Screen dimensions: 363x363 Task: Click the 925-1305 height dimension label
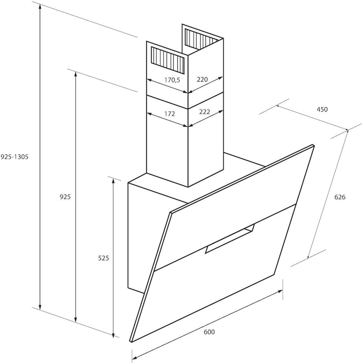15,157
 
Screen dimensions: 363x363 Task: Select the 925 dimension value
65,197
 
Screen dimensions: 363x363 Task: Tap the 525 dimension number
103,258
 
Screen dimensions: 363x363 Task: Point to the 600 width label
209,332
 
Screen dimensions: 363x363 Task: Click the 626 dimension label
340,197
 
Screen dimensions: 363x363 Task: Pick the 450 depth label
322,109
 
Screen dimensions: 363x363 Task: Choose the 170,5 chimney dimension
172,80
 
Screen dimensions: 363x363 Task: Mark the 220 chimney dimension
202,79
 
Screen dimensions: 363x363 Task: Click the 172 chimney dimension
170,114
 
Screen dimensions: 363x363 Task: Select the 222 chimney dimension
205,112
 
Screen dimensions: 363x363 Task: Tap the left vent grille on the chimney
168,59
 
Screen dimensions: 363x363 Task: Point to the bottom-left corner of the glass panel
131,342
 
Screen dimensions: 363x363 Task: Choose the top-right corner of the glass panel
314,146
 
